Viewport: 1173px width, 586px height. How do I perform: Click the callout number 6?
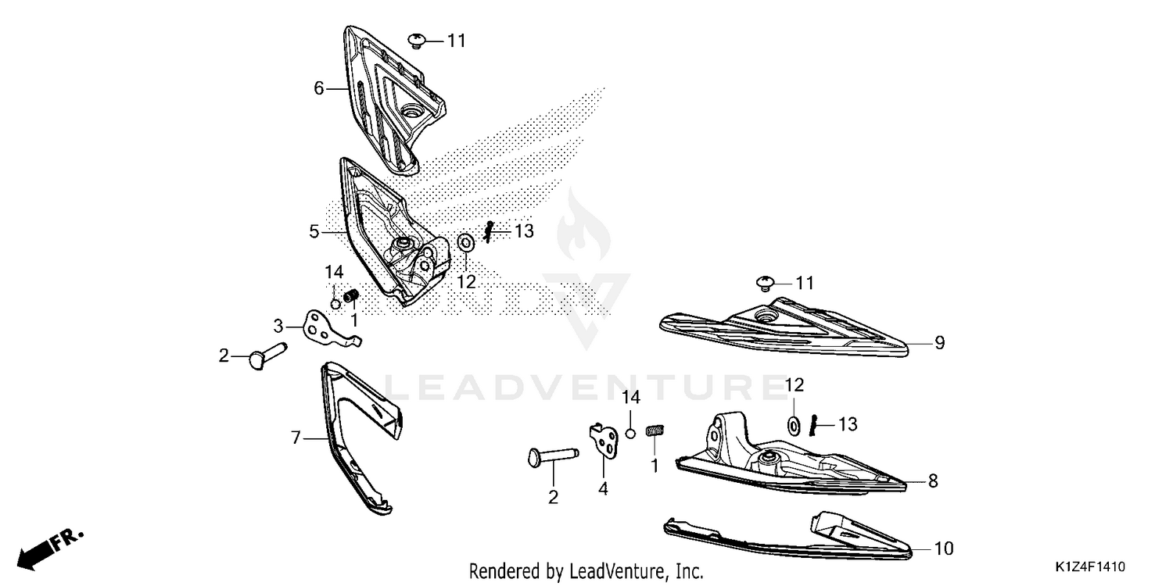click(x=319, y=88)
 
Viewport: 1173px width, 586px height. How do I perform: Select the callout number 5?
click(x=314, y=231)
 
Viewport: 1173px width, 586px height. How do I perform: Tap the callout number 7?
click(x=296, y=438)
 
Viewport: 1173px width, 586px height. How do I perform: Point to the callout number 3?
click(x=278, y=326)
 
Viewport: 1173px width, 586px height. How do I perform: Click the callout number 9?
click(x=940, y=343)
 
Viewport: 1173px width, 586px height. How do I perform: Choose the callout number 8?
click(x=933, y=481)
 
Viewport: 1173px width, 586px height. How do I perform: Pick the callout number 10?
click(x=944, y=548)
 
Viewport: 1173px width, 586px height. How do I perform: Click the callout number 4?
click(x=603, y=488)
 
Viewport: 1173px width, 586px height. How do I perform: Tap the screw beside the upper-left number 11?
click(x=417, y=41)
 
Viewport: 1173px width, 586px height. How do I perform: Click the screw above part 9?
click(x=766, y=284)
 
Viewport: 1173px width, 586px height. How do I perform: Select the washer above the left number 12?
click(x=465, y=243)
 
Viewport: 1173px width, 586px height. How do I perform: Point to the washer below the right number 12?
click(x=794, y=426)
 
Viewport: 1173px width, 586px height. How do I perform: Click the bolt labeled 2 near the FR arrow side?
click(x=267, y=355)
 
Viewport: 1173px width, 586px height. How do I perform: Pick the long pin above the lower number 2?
click(x=553, y=456)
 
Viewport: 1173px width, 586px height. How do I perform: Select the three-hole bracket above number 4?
click(x=604, y=440)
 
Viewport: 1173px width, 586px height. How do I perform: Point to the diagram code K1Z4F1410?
click(x=1090, y=566)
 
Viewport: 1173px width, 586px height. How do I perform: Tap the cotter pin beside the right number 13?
click(x=813, y=424)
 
